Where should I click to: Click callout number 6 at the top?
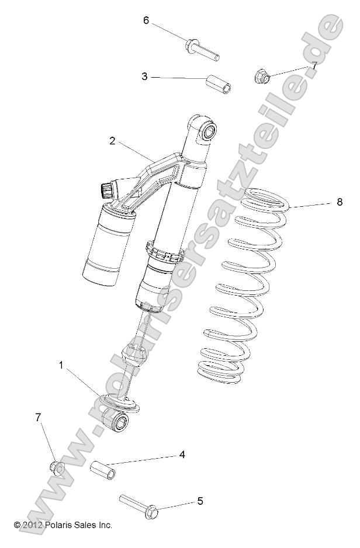point(146,20)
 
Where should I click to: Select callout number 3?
point(144,76)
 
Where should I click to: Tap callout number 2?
point(112,140)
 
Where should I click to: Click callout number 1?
point(61,365)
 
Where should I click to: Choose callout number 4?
point(182,454)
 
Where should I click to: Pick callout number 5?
point(199,501)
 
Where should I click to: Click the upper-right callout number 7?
point(314,65)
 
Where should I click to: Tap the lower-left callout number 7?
point(39,417)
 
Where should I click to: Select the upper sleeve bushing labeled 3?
point(218,83)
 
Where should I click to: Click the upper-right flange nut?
point(263,76)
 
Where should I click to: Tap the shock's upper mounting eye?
point(207,131)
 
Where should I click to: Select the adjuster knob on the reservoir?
point(106,190)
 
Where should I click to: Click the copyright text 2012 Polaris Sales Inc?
point(63,525)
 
